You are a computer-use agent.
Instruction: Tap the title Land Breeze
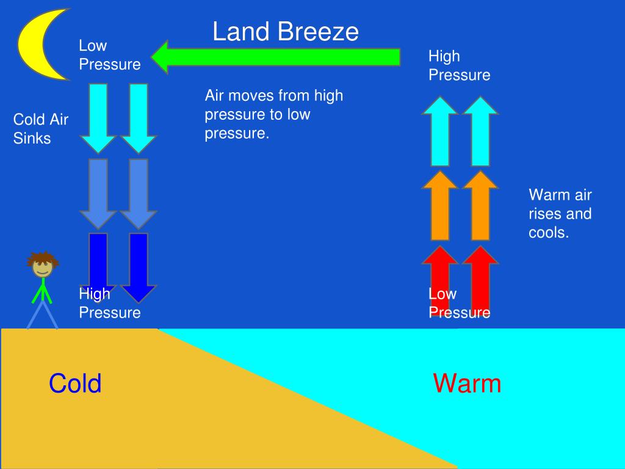pyautogui.click(x=285, y=32)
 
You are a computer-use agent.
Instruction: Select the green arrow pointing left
pyautogui.click(x=275, y=57)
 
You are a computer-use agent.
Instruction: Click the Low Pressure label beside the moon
pyautogui.click(x=109, y=55)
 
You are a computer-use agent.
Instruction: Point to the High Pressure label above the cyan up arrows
pyautogui.click(x=459, y=65)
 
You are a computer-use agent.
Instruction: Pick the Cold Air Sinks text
pyautogui.click(x=40, y=129)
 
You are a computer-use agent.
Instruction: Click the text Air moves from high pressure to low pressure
pyautogui.click(x=274, y=114)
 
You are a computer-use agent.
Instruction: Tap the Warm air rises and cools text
pyautogui.click(x=560, y=214)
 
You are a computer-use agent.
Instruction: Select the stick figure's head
pyautogui.click(x=42, y=264)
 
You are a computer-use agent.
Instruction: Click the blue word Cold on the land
pyautogui.click(x=75, y=384)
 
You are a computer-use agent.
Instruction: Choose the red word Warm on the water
pyautogui.click(x=467, y=384)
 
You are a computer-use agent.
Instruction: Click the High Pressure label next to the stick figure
pyautogui.click(x=109, y=304)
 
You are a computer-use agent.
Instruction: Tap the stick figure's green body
pyautogui.click(x=42, y=290)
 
